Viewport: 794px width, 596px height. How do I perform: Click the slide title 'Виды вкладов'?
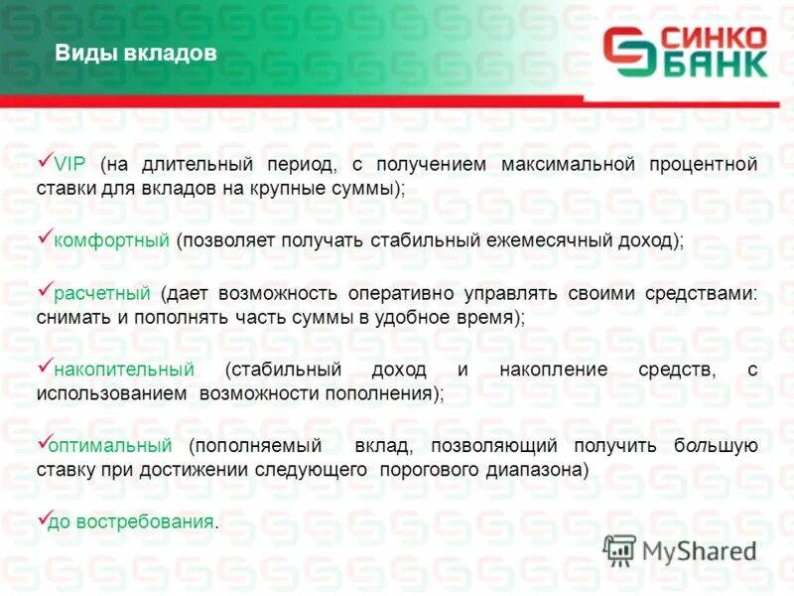point(134,55)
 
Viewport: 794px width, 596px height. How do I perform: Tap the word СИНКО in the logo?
point(713,38)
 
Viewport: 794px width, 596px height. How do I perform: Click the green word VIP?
point(69,164)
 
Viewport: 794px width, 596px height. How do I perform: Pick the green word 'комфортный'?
point(111,241)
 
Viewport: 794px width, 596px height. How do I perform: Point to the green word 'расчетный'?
point(101,293)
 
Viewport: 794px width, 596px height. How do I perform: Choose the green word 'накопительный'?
point(123,370)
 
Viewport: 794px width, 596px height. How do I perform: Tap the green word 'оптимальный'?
point(112,445)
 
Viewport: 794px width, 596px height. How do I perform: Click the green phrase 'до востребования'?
point(133,521)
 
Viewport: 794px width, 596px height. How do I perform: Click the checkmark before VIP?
point(44,159)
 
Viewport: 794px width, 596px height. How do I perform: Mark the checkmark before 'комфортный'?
point(44,236)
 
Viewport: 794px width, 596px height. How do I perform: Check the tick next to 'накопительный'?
point(44,365)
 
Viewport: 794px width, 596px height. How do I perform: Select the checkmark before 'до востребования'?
point(44,517)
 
